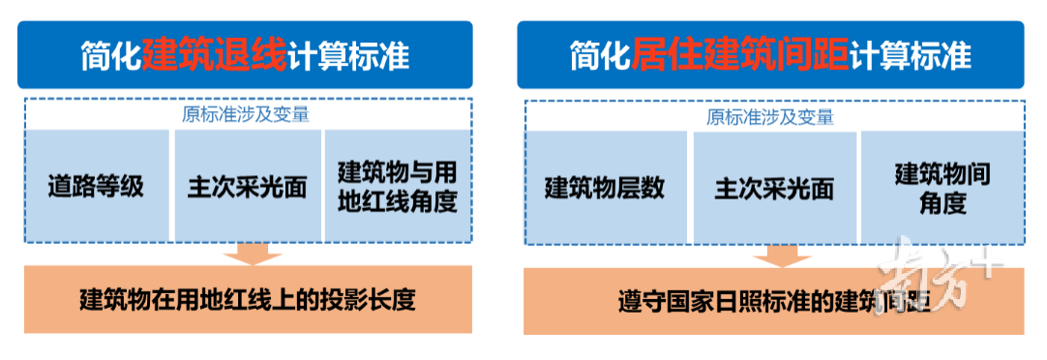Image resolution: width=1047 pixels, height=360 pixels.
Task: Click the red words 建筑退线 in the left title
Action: [x=214, y=54]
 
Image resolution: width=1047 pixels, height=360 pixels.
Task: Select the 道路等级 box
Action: [x=97, y=186]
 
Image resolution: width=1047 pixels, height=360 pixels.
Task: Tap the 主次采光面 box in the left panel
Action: [x=247, y=186]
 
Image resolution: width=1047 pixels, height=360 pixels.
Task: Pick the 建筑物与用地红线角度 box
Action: [x=397, y=186]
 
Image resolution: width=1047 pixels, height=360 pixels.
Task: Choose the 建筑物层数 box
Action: [x=605, y=186]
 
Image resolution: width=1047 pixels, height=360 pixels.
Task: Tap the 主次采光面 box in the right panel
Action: [x=774, y=186]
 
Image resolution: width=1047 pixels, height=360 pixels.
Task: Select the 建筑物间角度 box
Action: [x=942, y=186]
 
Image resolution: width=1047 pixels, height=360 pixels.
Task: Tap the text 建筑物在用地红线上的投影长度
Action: [x=247, y=299]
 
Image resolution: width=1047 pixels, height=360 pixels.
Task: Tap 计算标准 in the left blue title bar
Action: [x=348, y=54]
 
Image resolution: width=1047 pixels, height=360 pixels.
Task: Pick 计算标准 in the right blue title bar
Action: [x=910, y=54]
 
